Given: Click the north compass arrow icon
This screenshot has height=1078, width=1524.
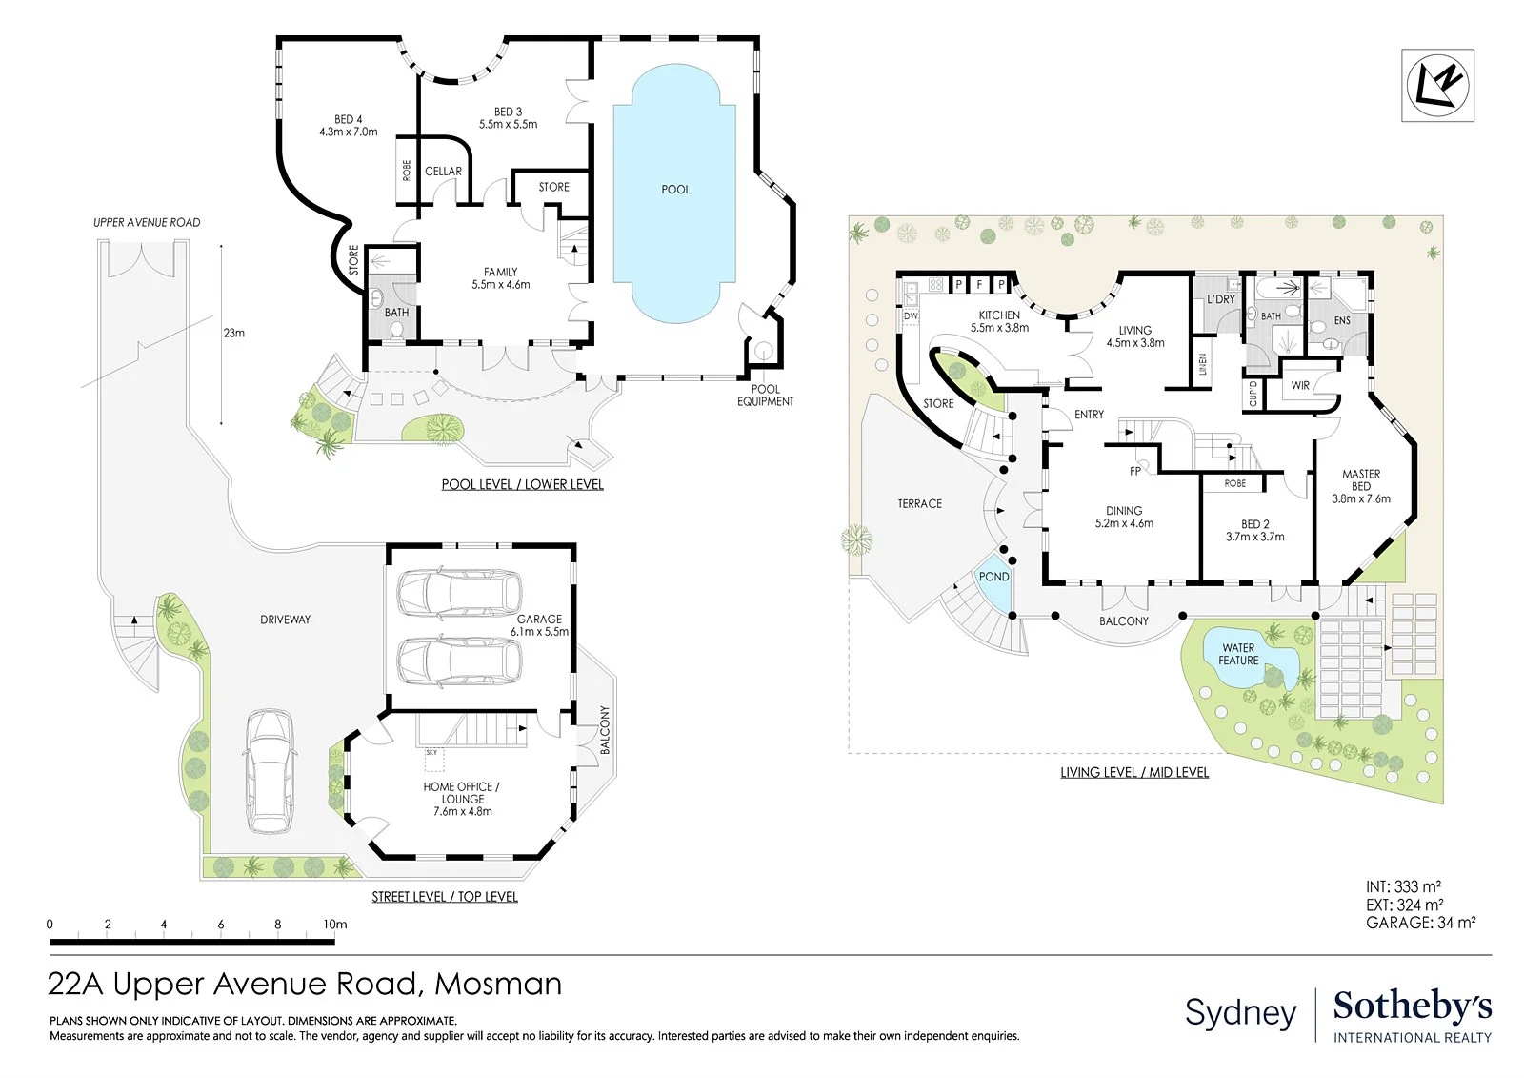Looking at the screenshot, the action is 1437,86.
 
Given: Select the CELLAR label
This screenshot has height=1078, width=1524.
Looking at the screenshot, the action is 444,172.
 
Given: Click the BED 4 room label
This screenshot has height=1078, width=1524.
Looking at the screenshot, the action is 349,126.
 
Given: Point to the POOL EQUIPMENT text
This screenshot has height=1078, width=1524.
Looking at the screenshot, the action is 766,396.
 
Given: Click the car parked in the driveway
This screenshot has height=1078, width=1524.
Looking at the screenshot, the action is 270,771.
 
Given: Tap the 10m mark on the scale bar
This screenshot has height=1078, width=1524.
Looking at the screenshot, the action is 334,925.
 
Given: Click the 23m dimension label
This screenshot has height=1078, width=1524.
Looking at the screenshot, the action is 233,333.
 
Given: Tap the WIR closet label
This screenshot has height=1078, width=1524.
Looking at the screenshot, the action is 1300,385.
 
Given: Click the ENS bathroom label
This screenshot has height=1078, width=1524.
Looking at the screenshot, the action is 1342,321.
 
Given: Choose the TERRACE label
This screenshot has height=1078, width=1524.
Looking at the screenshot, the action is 920,504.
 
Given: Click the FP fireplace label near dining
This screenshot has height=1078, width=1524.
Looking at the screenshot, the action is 1134,471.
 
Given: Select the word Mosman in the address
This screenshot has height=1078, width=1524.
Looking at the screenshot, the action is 498,985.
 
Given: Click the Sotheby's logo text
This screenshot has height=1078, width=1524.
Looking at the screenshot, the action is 1413,1006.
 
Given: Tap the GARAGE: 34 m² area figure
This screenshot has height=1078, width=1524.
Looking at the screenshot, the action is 1420,923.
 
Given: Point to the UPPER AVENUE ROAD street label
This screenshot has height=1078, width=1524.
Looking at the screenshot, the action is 147,223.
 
